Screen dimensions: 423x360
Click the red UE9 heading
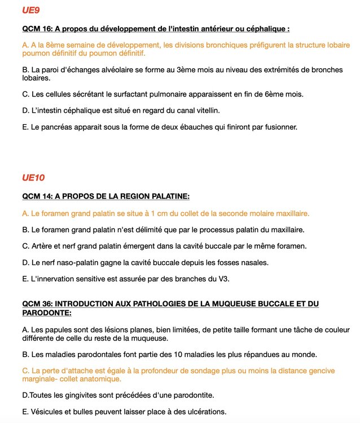30,10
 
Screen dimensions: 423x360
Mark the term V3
223,279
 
